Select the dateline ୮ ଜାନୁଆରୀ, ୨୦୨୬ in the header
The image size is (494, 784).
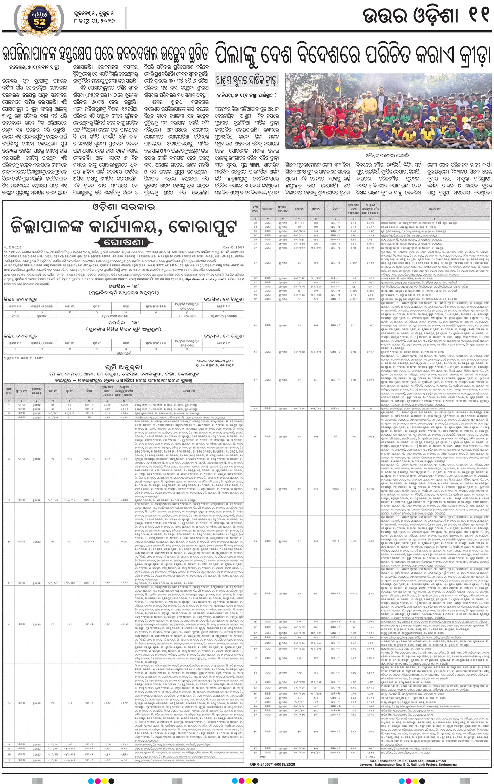(94, 21)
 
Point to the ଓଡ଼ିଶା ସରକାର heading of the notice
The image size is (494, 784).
(124, 207)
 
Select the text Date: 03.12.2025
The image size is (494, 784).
(233, 248)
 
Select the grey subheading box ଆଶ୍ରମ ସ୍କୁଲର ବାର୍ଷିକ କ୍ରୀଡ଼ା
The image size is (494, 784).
(247, 81)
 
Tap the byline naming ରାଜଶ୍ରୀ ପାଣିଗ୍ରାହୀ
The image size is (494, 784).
(247, 95)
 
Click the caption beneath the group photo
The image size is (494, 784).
(388, 155)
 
